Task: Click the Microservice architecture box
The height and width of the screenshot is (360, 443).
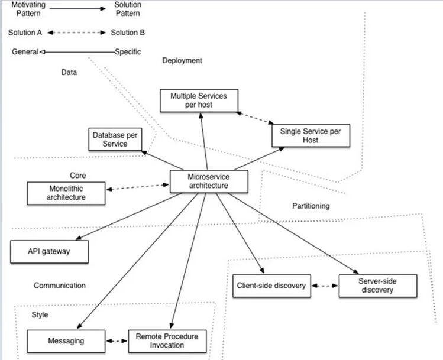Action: click(208, 181)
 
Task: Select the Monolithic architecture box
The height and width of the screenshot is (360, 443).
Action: click(66, 193)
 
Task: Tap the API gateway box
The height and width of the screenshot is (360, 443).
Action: click(49, 252)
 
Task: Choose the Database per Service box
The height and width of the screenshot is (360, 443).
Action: click(115, 140)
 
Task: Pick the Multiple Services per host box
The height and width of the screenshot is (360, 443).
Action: click(199, 100)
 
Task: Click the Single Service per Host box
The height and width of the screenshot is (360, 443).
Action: click(311, 135)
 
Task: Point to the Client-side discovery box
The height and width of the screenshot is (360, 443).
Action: click(270, 286)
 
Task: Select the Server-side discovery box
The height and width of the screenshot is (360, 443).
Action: click(378, 286)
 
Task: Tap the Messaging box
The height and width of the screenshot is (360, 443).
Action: click(66, 341)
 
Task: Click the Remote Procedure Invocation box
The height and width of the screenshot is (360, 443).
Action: click(167, 341)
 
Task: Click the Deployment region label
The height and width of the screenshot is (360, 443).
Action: click(182, 60)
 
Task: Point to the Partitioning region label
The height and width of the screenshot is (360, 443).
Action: click(311, 206)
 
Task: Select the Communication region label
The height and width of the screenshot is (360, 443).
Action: click(60, 286)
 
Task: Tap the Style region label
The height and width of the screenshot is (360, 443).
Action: click(40, 315)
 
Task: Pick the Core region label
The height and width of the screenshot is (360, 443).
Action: click(77, 176)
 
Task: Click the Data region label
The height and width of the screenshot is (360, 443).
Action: click(69, 73)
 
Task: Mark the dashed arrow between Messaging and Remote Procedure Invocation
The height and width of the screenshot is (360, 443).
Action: click(117, 341)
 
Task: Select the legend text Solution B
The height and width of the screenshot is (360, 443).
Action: click(128, 33)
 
